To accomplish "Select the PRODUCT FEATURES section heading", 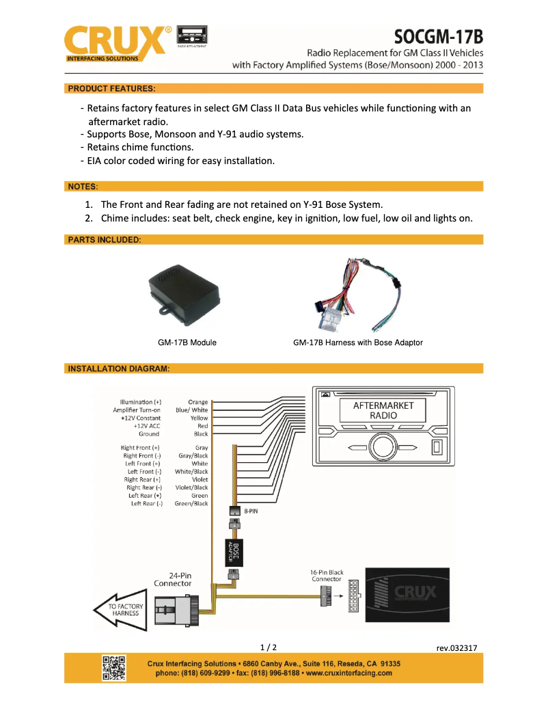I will tap(111, 89).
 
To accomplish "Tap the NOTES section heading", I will tap(83, 186).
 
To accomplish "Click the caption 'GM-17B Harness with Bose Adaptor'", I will tap(357, 343).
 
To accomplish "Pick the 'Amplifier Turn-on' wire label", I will tap(137, 410).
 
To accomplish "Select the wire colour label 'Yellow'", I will tap(199, 418).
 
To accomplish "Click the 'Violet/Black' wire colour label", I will tap(191, 487).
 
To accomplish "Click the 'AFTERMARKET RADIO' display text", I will tap(383, 410).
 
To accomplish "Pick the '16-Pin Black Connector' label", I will tap(327, 576).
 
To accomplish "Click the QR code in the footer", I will tap(113, 667).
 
